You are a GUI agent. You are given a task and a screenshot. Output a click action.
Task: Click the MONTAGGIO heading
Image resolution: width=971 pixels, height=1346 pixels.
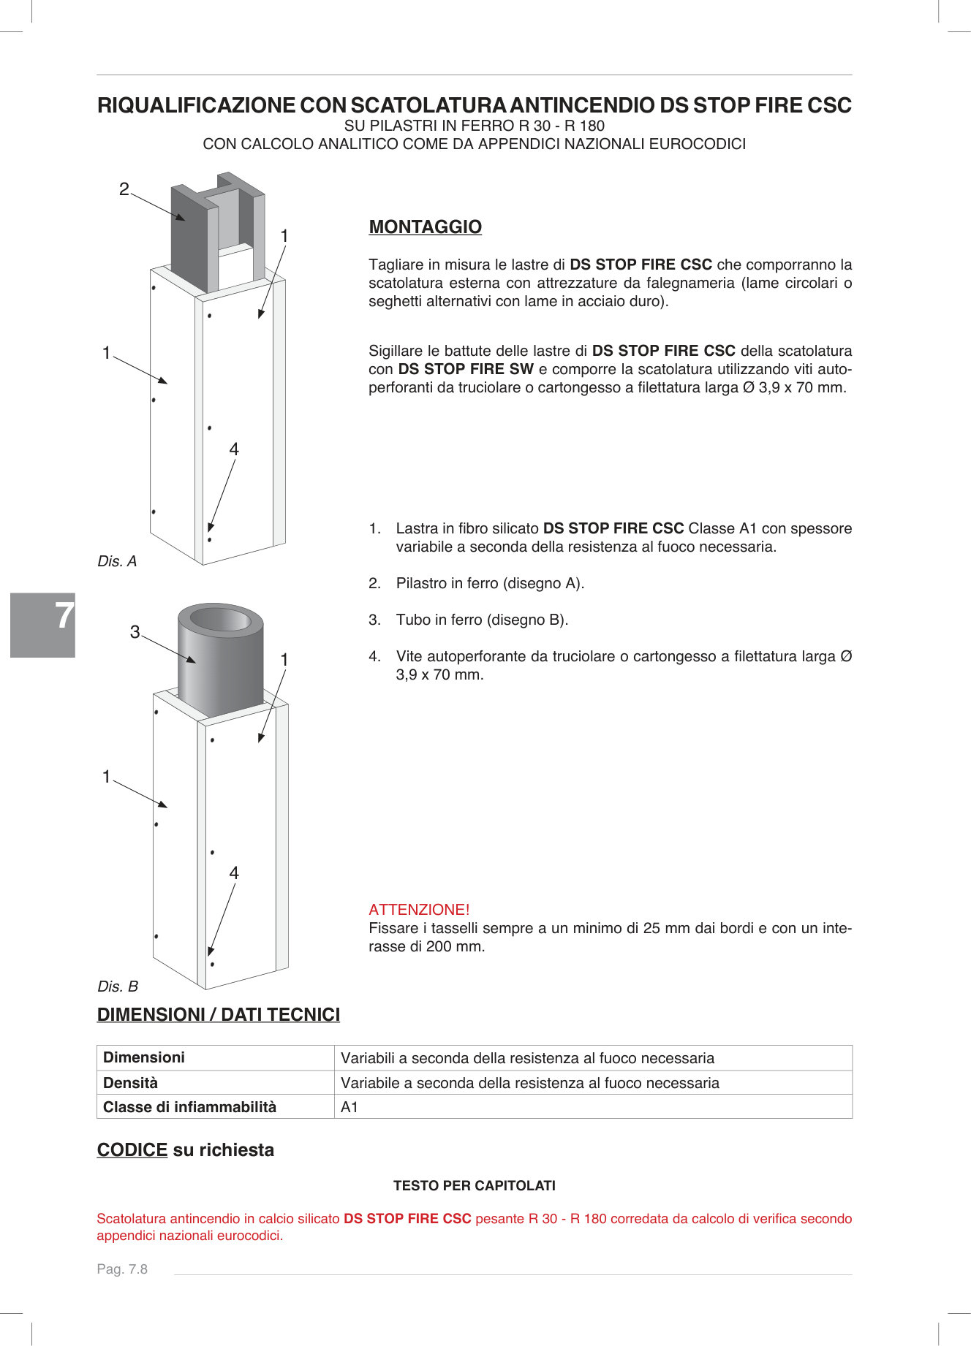425,227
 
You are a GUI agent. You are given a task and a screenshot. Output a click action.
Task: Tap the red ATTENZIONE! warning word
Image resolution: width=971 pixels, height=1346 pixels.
419,910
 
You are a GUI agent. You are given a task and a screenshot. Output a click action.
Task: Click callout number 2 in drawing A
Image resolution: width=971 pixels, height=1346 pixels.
124,189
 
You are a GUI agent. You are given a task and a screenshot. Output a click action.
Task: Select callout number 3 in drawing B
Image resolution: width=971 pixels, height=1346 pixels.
135,632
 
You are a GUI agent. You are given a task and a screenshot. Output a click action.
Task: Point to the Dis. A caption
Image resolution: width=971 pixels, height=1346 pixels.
117,561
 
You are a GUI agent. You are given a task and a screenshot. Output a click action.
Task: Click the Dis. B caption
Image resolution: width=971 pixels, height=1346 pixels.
118,986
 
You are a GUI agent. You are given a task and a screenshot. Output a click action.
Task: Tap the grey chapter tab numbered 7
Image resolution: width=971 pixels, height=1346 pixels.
43,625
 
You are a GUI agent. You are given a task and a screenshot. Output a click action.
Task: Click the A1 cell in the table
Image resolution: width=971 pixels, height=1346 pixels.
350,1107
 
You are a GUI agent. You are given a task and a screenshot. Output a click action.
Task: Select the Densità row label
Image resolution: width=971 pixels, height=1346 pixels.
130,1083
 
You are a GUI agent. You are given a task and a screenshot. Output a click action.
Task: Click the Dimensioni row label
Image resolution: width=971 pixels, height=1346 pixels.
144,1057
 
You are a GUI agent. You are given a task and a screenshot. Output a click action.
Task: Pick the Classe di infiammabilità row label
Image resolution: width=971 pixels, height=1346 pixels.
189,1107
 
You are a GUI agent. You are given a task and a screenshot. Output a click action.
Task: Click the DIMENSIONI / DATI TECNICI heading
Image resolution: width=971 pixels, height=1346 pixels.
218,1015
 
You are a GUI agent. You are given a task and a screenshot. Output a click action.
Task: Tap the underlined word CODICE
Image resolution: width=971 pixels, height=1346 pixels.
132,1150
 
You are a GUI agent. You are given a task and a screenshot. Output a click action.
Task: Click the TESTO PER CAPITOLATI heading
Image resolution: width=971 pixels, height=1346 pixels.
474,1186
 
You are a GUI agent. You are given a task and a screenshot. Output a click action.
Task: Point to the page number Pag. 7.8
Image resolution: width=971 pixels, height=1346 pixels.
122,1269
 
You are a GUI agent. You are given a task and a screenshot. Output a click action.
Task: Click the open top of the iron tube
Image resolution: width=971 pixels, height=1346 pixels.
220,620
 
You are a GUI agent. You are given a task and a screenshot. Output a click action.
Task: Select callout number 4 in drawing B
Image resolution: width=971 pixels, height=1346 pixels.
234,873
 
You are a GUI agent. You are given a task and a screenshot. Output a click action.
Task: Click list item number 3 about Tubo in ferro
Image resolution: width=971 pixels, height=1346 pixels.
481,620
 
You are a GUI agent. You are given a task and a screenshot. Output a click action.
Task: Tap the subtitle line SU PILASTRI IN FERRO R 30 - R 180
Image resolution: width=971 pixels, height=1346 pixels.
474,126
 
